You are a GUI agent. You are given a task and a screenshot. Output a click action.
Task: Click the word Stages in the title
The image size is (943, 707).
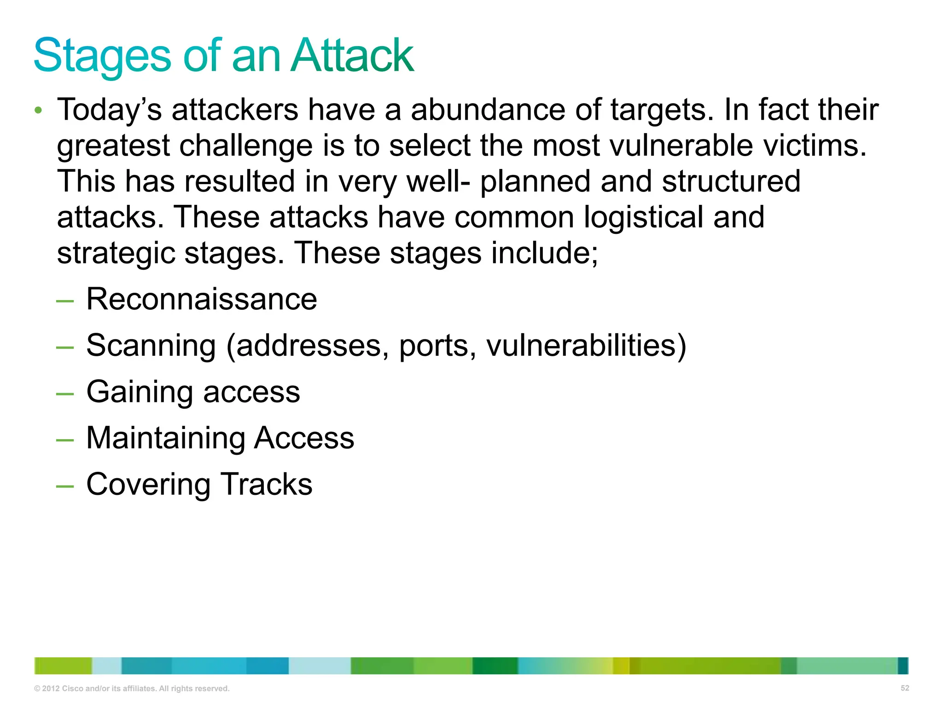[x=102, y=56]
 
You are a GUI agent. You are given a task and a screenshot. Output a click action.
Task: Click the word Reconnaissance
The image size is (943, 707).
[x=202, y=299]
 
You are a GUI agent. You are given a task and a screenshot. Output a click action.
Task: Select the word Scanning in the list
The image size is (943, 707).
[x=151, y=346]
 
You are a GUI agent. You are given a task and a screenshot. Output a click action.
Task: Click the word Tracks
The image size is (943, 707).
[x=267, y=484]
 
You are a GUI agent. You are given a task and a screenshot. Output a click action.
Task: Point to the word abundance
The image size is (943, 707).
[x=488, y=110]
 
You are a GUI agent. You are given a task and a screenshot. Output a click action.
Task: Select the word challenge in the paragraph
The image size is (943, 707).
[x=246, y=146]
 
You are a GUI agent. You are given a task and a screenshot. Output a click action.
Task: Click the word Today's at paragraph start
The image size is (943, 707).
[x=109, y=110]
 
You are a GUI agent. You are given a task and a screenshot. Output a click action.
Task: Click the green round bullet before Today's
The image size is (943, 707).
[x=39, y=110]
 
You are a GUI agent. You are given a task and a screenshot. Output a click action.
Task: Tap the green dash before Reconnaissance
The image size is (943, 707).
[x=64, y=301]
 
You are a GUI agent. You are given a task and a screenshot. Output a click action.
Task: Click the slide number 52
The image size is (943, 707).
[x=905, y=688]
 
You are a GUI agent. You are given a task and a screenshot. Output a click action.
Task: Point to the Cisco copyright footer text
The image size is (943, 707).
[x=132, y=689]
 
